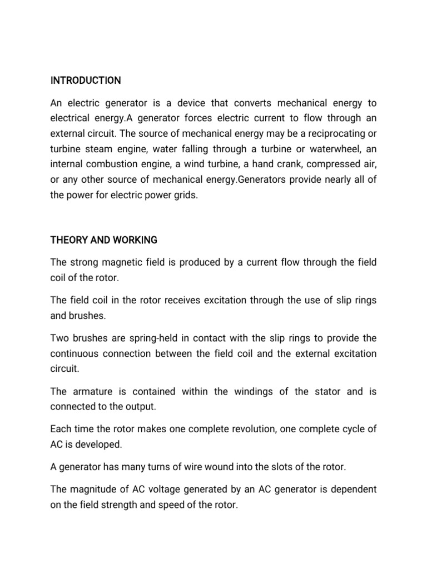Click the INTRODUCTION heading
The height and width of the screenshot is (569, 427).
pos(85,81)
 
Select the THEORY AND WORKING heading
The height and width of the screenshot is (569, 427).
pos(103,240)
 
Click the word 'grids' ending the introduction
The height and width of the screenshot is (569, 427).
pos(185,196)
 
